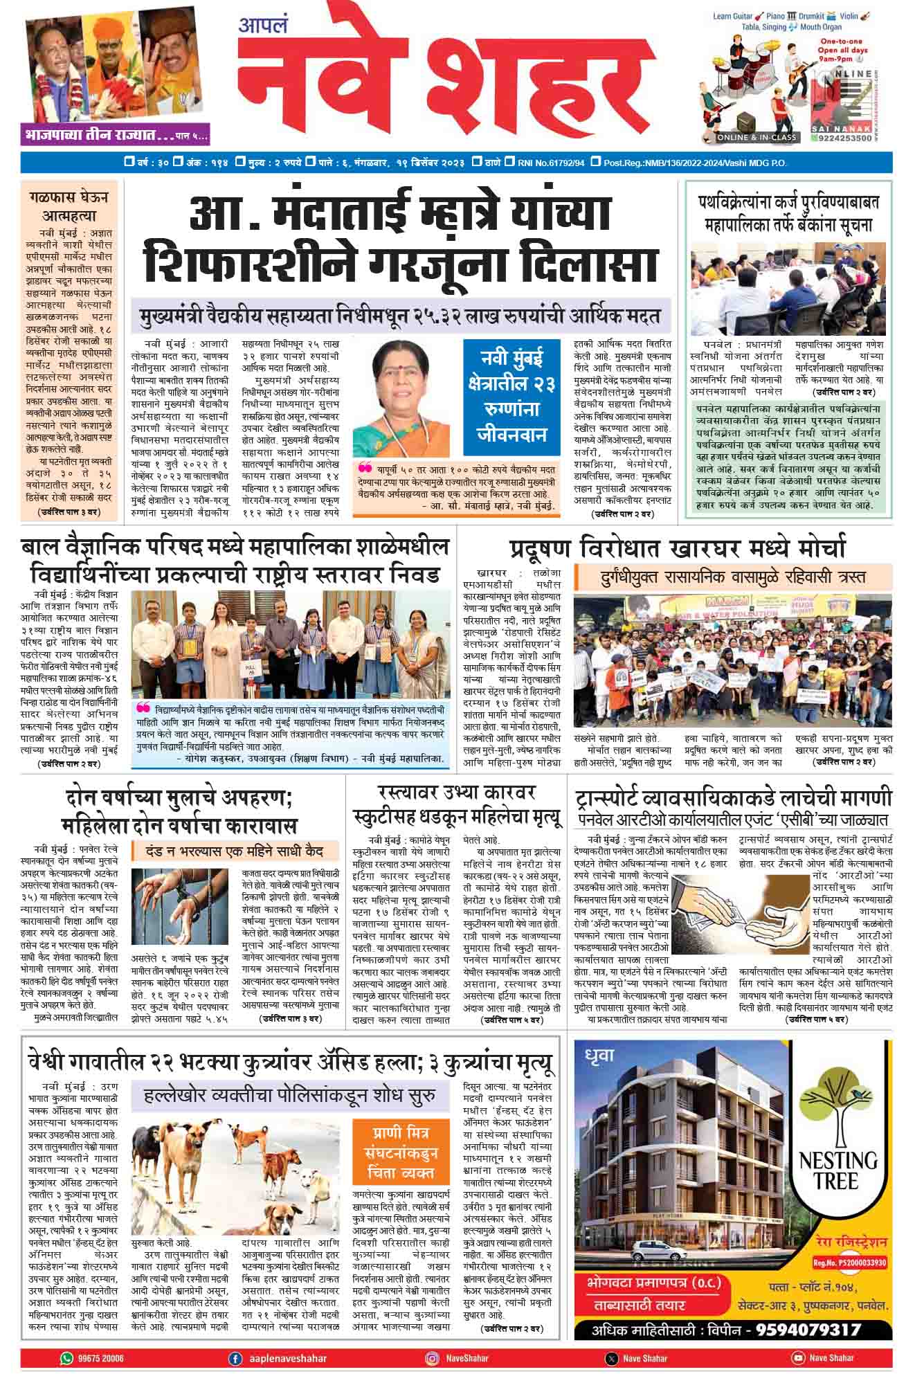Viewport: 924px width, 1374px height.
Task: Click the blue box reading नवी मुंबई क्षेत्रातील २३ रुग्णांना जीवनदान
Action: coord(513,397)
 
